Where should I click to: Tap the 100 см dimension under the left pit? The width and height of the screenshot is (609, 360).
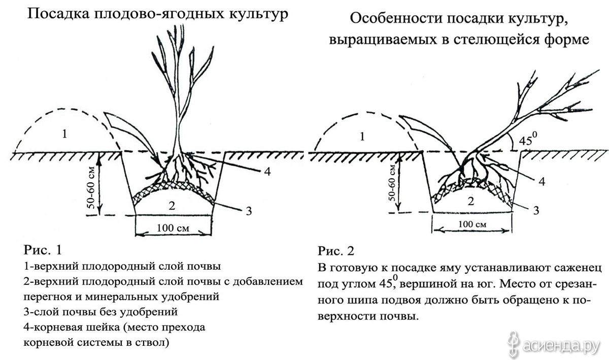tap(173, 227)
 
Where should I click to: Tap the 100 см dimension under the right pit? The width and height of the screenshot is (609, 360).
tap(472, 224)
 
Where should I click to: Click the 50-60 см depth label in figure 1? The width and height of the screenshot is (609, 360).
tap(91, 187)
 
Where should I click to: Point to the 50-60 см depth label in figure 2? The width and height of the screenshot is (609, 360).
tap(392, 182)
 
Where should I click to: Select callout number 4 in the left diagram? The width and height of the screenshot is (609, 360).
tap(267, 172)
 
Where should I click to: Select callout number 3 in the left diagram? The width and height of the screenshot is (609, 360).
tap(249, 211)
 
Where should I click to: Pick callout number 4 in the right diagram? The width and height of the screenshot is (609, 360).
tap(542, 181)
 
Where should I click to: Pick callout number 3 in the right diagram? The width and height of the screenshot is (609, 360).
tap(536, 210)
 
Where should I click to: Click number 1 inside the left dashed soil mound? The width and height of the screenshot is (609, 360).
tap(64, 134)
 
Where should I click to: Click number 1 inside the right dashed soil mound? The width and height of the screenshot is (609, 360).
tap(362, 136)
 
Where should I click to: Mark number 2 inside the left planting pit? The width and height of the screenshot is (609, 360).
tap(172, 206)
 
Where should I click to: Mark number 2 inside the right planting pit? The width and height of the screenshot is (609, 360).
tap(471, 201)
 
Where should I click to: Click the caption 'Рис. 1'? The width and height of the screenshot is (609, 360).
tap(43, 250)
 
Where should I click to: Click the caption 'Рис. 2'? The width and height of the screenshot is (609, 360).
tap(336, 250)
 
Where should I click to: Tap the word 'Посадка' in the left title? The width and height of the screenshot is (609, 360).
tap(58, 14)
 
